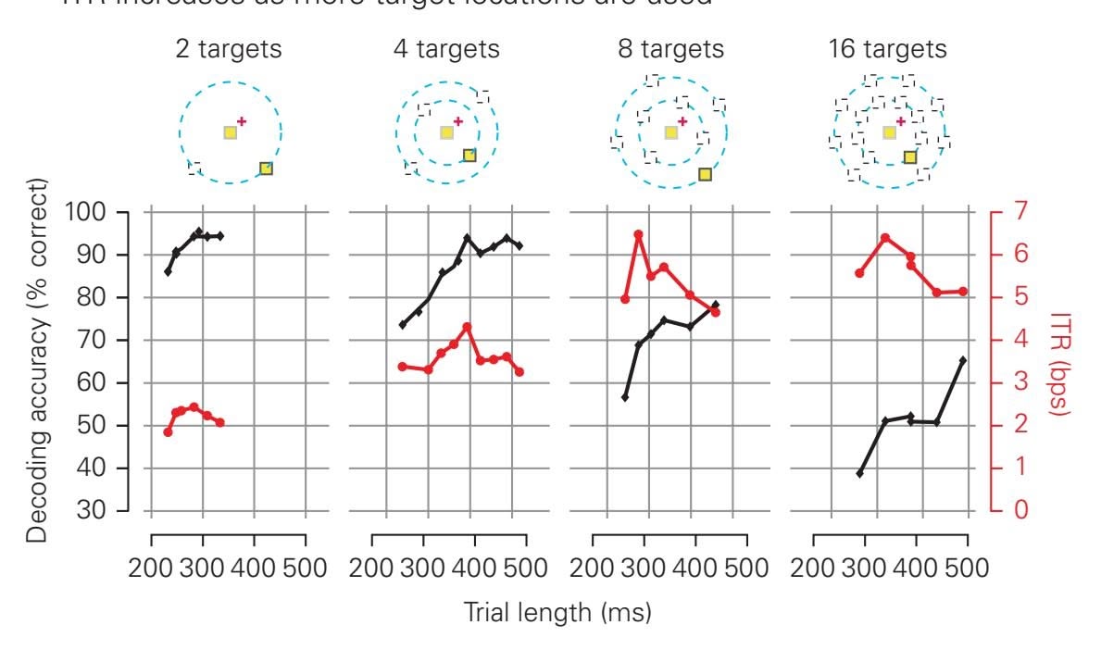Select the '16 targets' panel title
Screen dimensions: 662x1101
(x=889, y=49)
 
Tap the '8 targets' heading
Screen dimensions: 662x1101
(x=671, y=49)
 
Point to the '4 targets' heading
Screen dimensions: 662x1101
(x=446, y=49)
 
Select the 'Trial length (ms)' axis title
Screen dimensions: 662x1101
(x=557, y=612)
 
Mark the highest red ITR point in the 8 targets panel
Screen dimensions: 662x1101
(x=638, y=234)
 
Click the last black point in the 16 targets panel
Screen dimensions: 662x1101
(x=963, y=360)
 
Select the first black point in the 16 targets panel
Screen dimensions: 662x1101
(x=859, y=473)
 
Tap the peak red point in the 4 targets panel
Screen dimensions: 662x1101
(x=467, y=327)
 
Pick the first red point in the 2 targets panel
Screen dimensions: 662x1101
(x=168, y=432)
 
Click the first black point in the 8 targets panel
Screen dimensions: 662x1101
(x=625, y=397)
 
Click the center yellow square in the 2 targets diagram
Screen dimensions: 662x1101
(x=231, y=132)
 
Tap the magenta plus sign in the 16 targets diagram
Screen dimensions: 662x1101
(x=900, y=120)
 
